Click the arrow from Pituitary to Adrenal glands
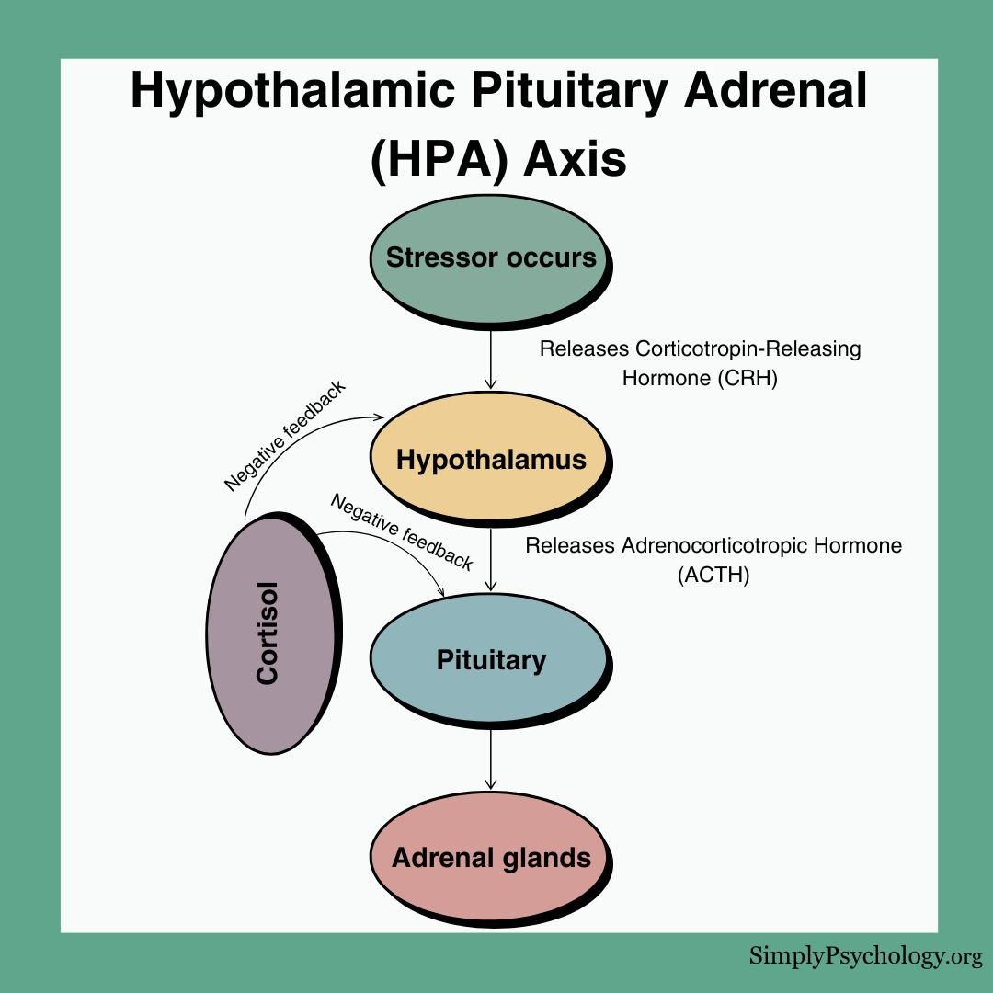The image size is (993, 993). tap(491, 759)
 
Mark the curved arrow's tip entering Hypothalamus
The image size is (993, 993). tap(379, 417)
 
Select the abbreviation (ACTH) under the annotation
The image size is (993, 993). tap(713, 576)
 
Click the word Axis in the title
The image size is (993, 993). tap(576, 158)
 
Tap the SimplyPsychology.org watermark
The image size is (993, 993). tap(865, 956)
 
